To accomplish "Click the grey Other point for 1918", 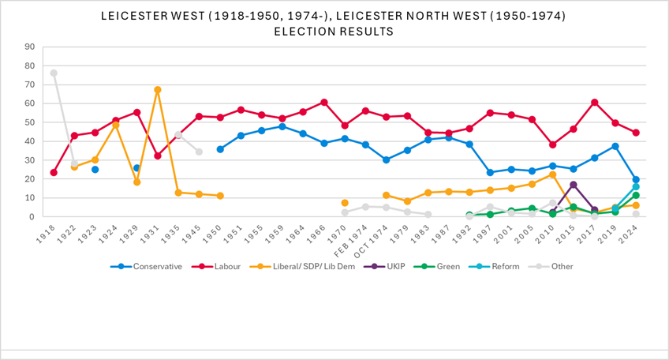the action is coord(54,73).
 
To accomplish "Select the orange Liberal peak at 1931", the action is coord(158,90).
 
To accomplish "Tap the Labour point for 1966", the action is coord(323,103).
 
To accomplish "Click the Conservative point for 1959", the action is coord(282,126).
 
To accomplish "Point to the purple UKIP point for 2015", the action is coord(574,185).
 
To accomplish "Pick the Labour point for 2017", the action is coord(594,103).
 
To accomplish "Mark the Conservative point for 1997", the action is coord(490,173).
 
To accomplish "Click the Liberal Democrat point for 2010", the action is coord(552,174).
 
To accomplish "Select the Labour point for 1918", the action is coord(54,173).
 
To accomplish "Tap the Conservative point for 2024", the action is coord(636,180).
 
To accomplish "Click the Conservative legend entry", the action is coord(147,267).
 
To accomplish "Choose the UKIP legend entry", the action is coord(384,267).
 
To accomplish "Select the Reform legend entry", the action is coord(494,267).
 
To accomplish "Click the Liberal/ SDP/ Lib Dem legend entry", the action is coord(302,267).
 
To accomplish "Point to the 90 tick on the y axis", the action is coord(29,47).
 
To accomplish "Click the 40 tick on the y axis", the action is coord(29,141).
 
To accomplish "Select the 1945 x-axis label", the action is coord(192,235).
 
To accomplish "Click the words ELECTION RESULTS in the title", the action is coord(334,32).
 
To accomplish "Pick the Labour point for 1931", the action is coord(158,156).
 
